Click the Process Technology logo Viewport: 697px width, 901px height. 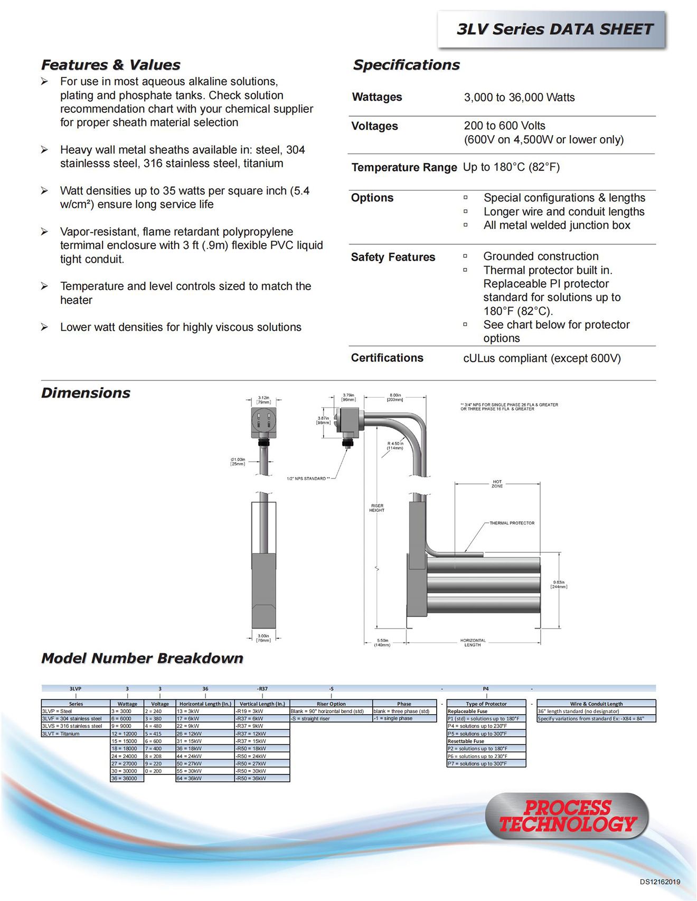click(567, 816)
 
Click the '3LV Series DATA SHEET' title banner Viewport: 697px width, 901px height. click(554, 30)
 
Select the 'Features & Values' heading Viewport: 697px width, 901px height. click(111, 65)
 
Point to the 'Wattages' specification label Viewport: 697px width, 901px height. click(377, 97)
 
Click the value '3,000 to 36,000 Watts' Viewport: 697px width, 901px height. click(519, 98)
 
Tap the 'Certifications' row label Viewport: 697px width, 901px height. click(387, 358)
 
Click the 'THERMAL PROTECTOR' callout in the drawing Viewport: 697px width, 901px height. click(512, 523)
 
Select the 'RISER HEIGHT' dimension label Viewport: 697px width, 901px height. click(377, 508)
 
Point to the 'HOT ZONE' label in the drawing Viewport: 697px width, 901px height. click(497, 484)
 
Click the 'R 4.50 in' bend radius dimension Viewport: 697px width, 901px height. click(395, 446)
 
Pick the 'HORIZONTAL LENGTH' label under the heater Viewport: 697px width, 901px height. click(473, 643)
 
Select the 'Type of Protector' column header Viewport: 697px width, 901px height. click(486, 704)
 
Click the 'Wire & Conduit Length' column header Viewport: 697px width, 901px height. click(596, 704)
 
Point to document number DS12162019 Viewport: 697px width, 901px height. click(660, 882)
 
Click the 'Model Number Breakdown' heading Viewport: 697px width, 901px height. click(142, 658)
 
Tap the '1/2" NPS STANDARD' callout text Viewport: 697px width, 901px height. click(308, 478)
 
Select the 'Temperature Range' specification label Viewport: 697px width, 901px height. click(404, 168)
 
